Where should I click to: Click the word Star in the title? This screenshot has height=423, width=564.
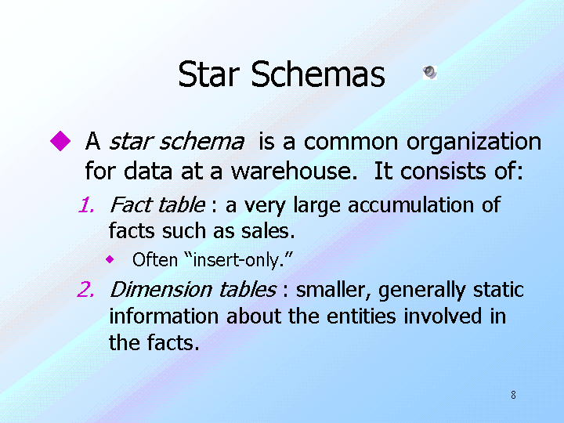pyautogui.click(x=208, y=74)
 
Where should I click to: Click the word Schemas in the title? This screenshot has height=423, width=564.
pyautogui.click(x=318, y=74)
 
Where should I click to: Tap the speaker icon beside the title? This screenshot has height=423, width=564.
pyautogui.click(x=430, y=72)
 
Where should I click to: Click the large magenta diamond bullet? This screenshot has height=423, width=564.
pyautogui.click(x=60, y=141)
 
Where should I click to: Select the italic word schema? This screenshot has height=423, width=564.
pyautogui.click(x=202, y=141)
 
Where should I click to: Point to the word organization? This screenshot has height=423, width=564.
pyautogui.click(x=474, y=142)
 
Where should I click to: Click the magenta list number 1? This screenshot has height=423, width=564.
pyautogui.click(x=86, y=205)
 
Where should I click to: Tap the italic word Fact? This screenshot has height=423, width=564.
pyautogui.click(x=132, y=204)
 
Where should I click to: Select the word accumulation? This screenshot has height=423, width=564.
pyautogui.click(x=410, y=205)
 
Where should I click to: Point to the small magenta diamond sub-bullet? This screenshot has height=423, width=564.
pyautogui.click(x=110, y=259)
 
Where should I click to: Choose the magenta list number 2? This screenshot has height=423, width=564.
pyautogui.click(x=85, y=290)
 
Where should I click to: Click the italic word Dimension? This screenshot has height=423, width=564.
pyautogui.click(x=161, y=290)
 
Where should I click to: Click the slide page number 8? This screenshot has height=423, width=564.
pyautogui.click(x=513, y=395)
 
